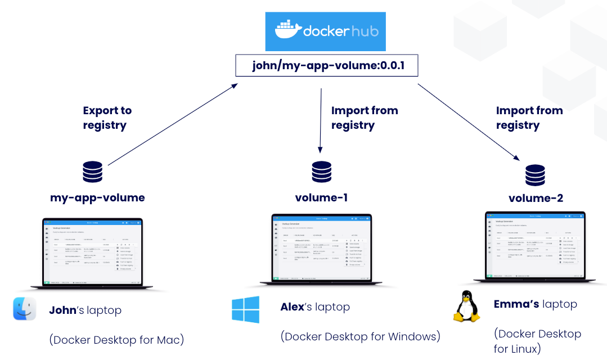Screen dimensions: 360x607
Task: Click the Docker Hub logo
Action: [326, 31]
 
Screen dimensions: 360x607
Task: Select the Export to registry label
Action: [107, 118]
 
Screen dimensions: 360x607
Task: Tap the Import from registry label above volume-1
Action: [364, 118]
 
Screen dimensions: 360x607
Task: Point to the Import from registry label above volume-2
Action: [529, 118]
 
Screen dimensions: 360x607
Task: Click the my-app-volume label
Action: [97, 198]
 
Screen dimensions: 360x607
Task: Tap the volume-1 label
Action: [321, 198]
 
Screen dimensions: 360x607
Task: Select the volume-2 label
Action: [536, 199]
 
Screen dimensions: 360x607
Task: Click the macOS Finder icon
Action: [25, 309]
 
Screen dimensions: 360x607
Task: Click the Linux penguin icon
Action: [466, 306]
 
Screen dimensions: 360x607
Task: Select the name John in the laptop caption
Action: [62, 310]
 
